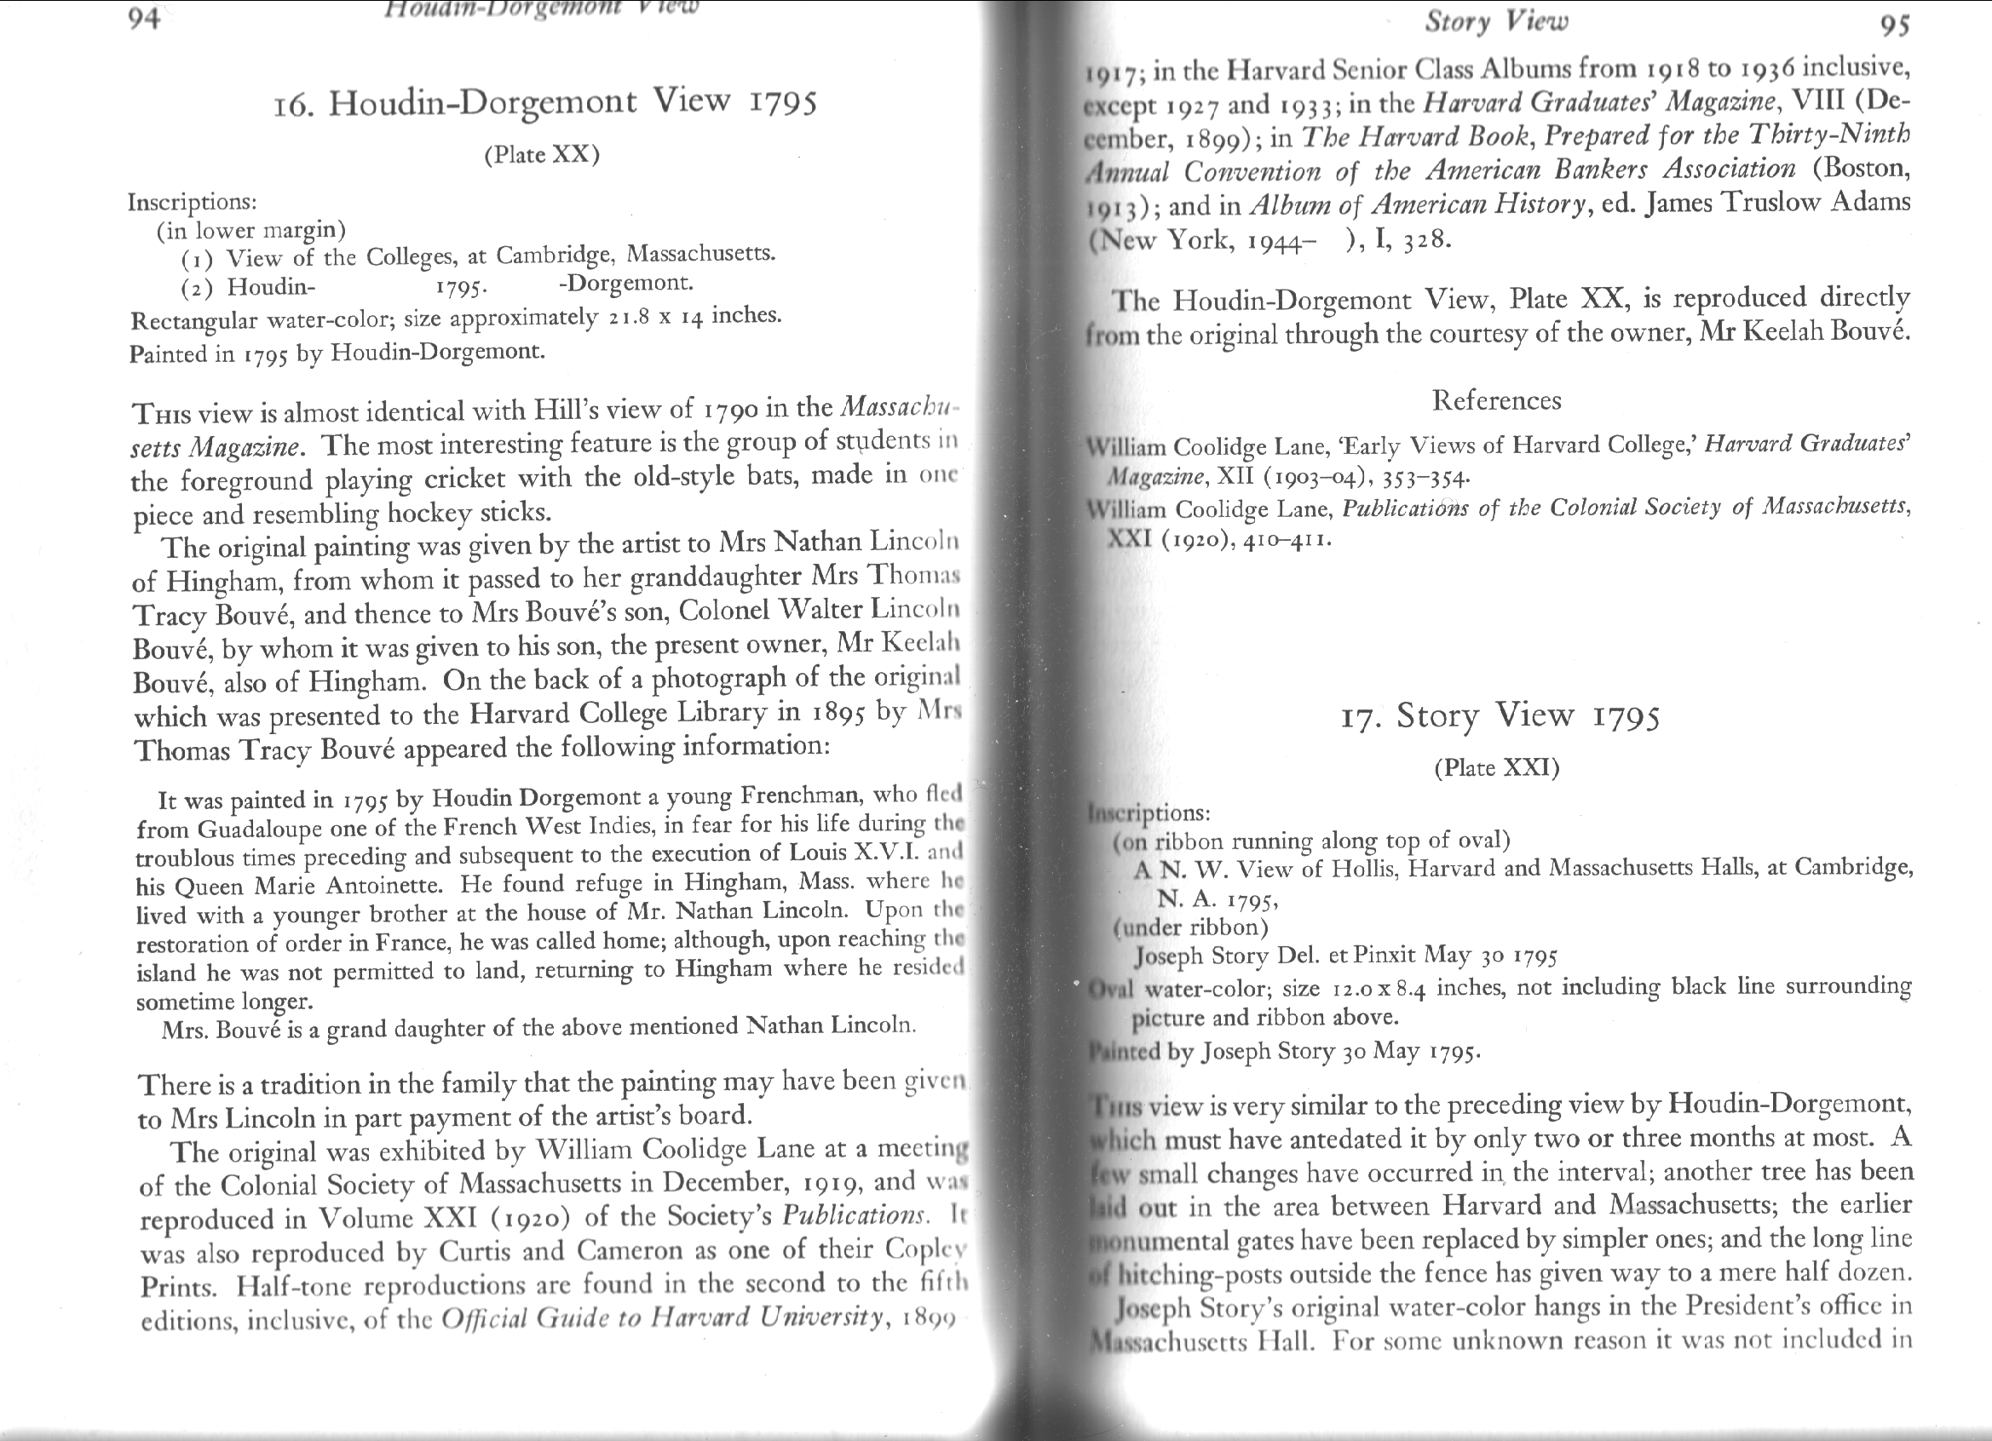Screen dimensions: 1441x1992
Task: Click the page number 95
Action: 1896,26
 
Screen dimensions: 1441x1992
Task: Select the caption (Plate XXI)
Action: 1497,768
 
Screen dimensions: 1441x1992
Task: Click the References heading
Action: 1497,400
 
